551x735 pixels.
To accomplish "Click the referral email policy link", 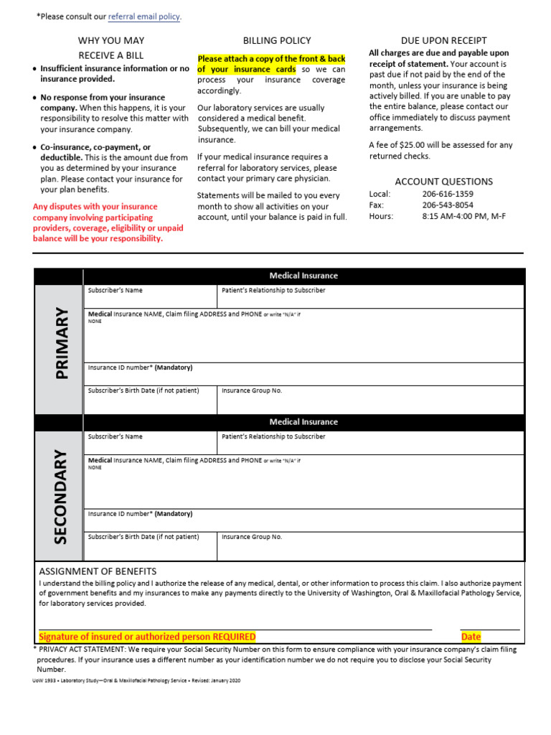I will click(x=143, y=17).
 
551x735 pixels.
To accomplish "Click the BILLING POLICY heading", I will click(x=277, y=41).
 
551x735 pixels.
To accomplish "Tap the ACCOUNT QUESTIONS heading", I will click(x=443, y=182).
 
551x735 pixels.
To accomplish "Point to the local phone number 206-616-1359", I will click(x=448, y=194).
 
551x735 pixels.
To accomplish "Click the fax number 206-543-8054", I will click(x=448, y=205).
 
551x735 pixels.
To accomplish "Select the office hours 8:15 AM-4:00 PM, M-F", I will click(x=463, y=216).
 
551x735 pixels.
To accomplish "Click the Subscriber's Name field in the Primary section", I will click(x=150, y=296).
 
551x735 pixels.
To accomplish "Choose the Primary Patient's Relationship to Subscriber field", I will click(x=369, y=296).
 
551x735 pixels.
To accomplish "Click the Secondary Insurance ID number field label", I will click(x=140, y=514).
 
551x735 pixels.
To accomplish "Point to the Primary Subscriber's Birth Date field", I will click(x=150, y=401).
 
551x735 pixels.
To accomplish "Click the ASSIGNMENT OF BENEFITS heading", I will click(x=98, y=571).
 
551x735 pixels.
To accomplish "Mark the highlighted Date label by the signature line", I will click(x=471, y=637).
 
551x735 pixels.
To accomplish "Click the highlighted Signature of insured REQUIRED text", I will click(x=147, y=637).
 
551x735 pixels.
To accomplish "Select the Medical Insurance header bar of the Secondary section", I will click(x=303, y=422).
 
